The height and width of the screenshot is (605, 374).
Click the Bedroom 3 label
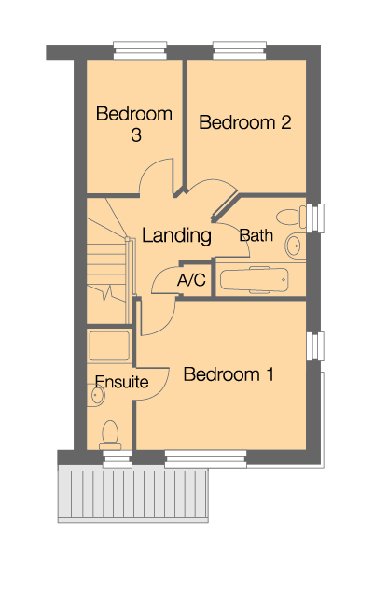click(x=135, y=124)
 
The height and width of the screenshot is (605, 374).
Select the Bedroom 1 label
click(x=229, y=374)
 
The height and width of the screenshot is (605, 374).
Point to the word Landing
click(x=176, y=236)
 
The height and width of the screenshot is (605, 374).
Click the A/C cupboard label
click(x=191, y=280)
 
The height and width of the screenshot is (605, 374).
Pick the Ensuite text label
click(x=121, y=382)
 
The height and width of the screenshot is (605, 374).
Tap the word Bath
click(x=256, y=235)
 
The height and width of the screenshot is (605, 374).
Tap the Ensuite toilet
click(x=110, y=432)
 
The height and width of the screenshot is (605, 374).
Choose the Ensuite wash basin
click(x=96, y=397)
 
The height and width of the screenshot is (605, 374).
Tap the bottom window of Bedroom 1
click(x=205, y=457)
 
